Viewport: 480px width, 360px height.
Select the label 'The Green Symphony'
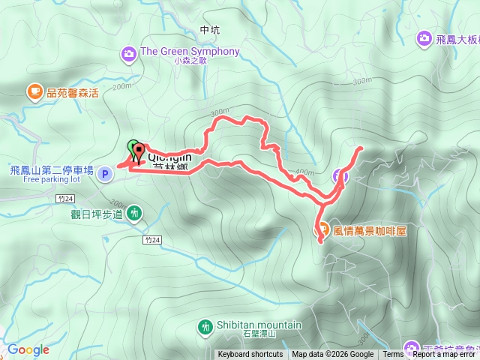pyautogui.click(x=190, y=52)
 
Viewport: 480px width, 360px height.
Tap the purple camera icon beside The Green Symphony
pyautogui.click(x=129, y=52)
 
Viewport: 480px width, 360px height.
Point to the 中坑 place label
pyautogui.click(x=210, y=31)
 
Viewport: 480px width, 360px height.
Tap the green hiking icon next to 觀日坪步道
pyautogui.click(x=133, y=213)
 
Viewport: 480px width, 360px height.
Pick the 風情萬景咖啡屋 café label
pyautogui.click(x=369, y=229)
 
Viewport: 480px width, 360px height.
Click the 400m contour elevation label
pyautogui.click(x=305, y=173)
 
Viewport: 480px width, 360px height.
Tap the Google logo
pyautogui.click(x=28, y=349)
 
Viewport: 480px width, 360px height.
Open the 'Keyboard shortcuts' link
pyautogui.click(x=250, y=355)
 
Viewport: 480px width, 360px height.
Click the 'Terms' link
pyautogui.click(x=393, y=355)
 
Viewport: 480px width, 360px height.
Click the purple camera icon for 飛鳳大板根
pyautogui.click(x=424, y=37)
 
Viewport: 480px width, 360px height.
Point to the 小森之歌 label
pyautogui.click(x=189, y=62)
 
